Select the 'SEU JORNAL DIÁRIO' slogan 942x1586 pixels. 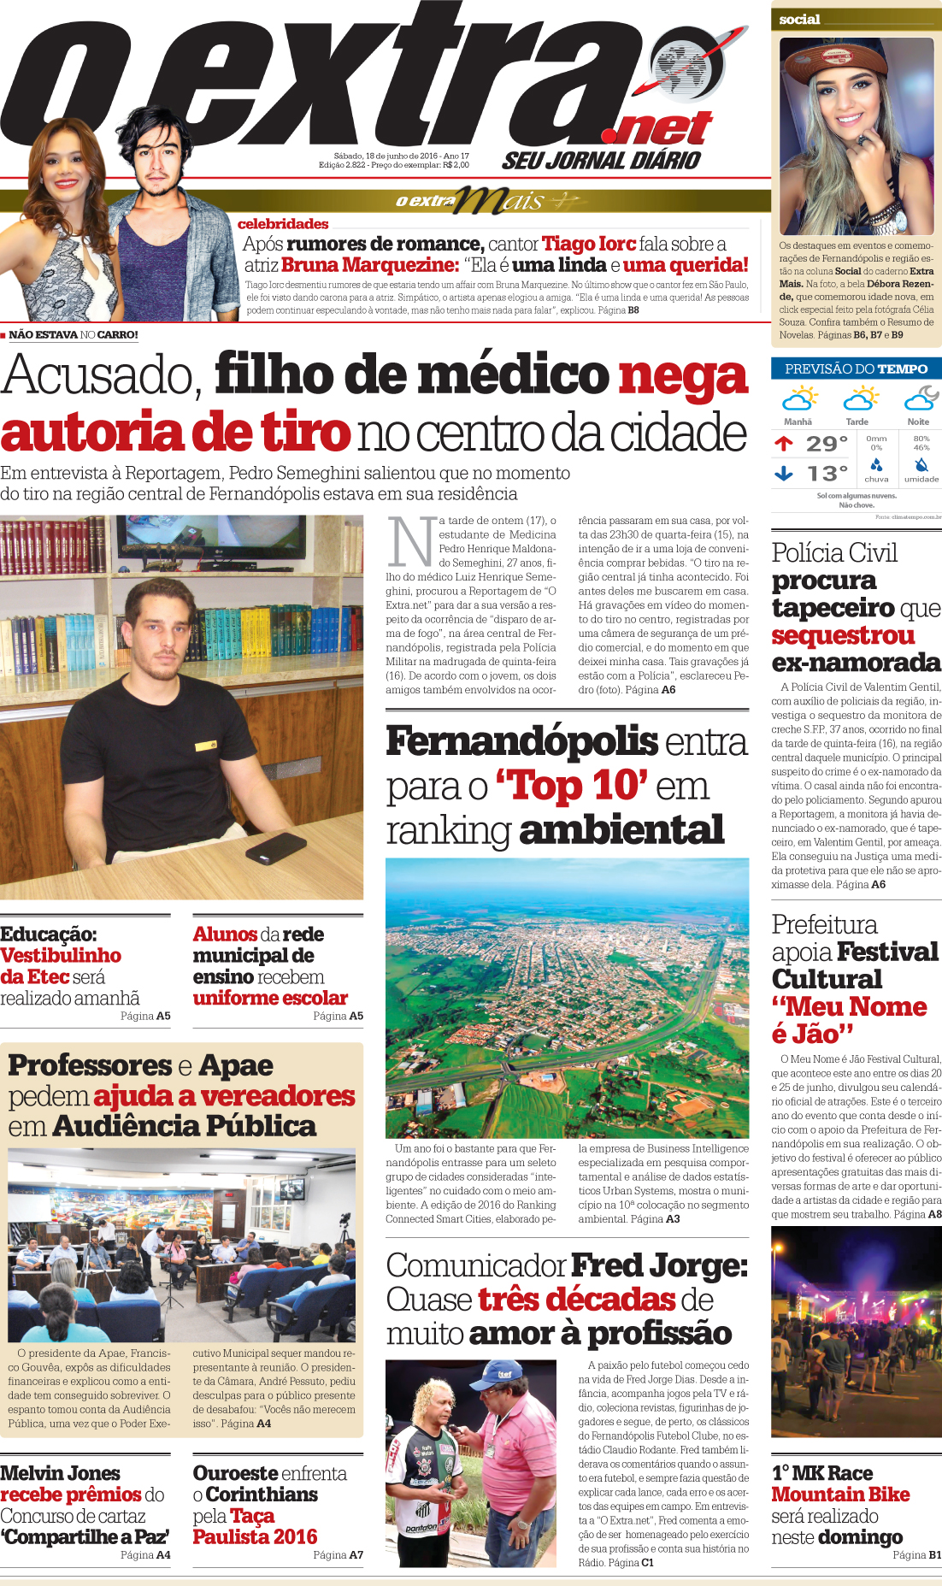tap(601, 160)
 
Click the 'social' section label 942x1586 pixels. tap(799, 20)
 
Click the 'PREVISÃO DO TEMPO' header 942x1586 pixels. tap(856, 368)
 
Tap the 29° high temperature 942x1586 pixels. tap(827, 444)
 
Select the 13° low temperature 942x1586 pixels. tap(827, 474)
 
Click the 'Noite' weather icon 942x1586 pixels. tap(920, 398)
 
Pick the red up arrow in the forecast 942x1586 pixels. tap(783, 443)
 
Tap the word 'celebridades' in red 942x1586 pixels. tap(283, 224)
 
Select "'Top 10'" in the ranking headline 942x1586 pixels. tap(571, 786)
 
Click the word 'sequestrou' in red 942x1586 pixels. tap(831, 635)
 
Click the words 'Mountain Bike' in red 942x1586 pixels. tap(840, 1495)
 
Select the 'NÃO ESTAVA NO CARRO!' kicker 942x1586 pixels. tap(73, 335)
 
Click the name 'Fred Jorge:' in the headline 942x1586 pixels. tap(659, 1265)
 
